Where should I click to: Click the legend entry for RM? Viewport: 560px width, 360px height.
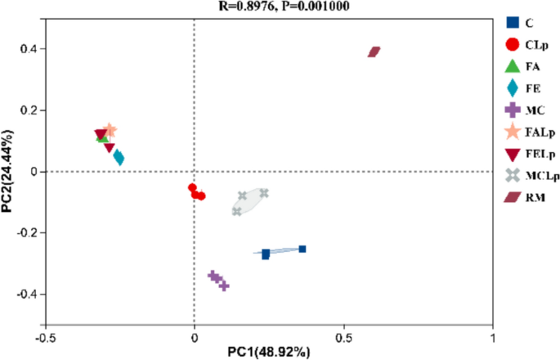pyautogui.click(x=522, y=196)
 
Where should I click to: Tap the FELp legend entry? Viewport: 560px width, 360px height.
pyautogui.click(x=522, y=152)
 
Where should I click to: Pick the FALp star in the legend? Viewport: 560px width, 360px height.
pyautogui.click(x=522, y=131)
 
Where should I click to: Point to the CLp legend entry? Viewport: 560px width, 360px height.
pyautogui.click(x=522, y=44)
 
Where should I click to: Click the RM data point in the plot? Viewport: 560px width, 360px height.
pyautogui.click(x=374, y=52)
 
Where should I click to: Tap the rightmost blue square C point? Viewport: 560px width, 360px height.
pyautogui.click(x=302, y=249)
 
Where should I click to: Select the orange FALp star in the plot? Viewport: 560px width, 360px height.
pyautogui.click(x=110, y=130)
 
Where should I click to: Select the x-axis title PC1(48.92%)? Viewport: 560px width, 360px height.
pyautogui.click(x=271, y=353)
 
